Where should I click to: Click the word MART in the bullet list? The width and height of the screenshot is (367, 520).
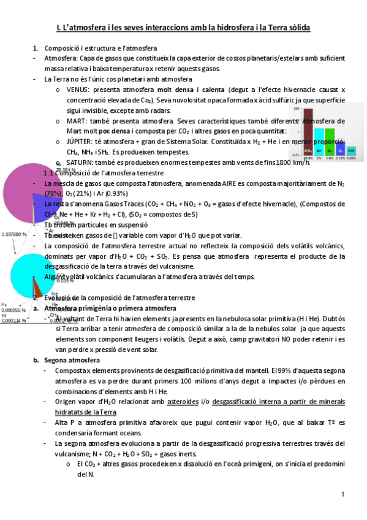pos(77,121)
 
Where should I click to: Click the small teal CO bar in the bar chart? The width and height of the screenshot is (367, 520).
pos(351,150)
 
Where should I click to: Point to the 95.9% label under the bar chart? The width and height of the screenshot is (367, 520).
pos(307,158)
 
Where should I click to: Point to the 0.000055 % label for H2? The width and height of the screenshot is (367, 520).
pos(14,310)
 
